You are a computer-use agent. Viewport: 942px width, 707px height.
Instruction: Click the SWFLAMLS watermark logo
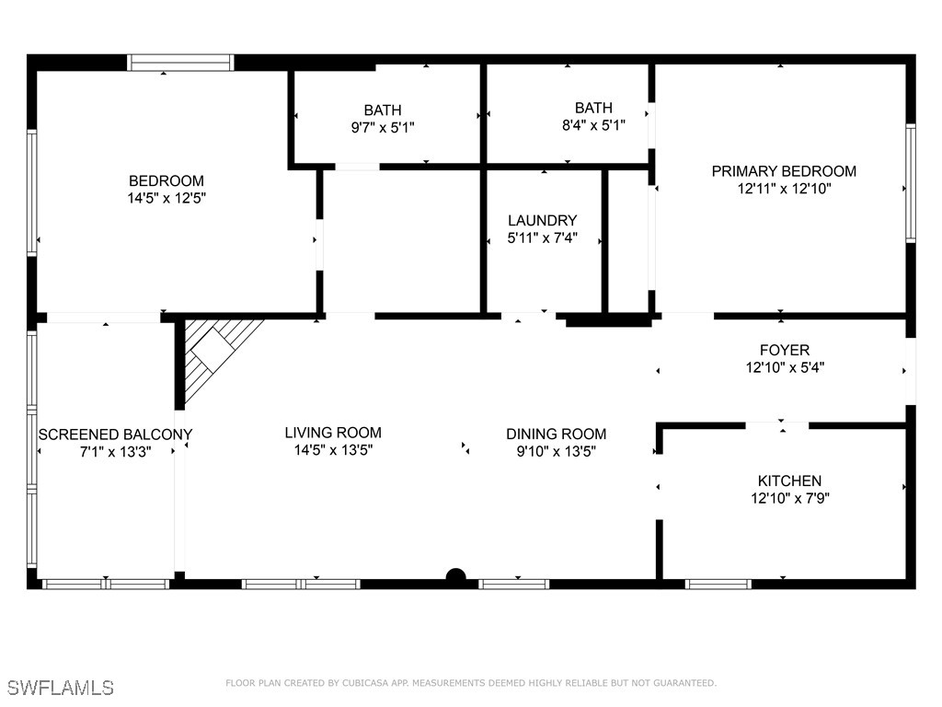pos(60,687)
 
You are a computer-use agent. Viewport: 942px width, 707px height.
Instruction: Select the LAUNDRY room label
pos(543,221)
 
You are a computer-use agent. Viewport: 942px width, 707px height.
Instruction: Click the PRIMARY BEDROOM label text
pos(784,171)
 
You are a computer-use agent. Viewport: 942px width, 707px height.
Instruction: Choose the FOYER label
pos(785,350)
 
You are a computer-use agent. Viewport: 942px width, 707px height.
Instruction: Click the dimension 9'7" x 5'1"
pos(383,128)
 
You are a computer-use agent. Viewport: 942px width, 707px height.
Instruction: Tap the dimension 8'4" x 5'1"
pos(593,126)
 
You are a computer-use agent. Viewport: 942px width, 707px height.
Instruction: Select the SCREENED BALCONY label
pos(115,435)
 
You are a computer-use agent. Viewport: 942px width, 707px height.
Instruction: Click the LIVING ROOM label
pos(333,433)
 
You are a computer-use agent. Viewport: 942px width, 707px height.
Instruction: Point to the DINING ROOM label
pos(557,435)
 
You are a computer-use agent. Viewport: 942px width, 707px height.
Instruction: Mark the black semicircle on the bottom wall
pos(455,577)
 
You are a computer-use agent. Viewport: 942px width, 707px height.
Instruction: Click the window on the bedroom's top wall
pos(180,63)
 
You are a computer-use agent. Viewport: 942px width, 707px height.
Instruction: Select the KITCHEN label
pos(789,481)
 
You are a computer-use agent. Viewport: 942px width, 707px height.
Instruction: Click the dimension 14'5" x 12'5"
pos(167,198)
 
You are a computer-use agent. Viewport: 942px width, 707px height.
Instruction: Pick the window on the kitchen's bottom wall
pos(718,584)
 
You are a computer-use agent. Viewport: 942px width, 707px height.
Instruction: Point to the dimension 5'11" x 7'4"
pos(543,238)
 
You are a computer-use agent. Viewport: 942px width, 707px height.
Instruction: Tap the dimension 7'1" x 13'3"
pos(115,452)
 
